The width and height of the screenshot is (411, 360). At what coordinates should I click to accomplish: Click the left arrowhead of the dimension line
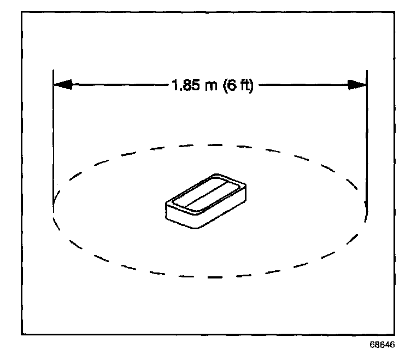(62, 85)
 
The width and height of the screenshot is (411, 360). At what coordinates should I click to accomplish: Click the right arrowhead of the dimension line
(357, 85)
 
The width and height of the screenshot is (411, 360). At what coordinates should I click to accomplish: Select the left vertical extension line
(53, 142)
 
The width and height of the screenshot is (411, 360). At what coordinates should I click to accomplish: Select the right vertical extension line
(367, 142)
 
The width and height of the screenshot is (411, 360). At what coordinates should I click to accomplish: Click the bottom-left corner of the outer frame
(21, 333)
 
